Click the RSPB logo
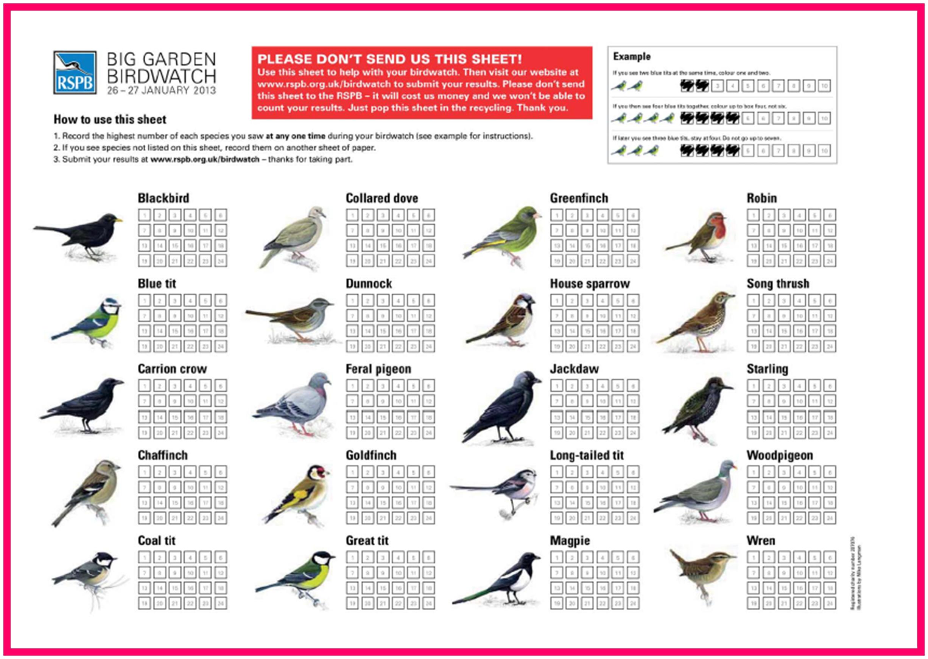(75, 73)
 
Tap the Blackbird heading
(163, 198)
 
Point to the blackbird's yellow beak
(118, 220)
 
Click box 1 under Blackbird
(144, 215)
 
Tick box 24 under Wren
(830, 603)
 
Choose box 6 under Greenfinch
(633, 215)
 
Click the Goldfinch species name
(371, 455)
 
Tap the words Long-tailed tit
(587, 455)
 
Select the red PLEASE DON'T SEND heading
(389, 59)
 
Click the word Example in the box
(632, 56)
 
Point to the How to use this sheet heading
(110, 119)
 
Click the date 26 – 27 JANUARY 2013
(161, 90)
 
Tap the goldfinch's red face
(323, 472)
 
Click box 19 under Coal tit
(144, 603)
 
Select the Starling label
(767, 369)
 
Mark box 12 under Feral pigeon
(428, 401)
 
